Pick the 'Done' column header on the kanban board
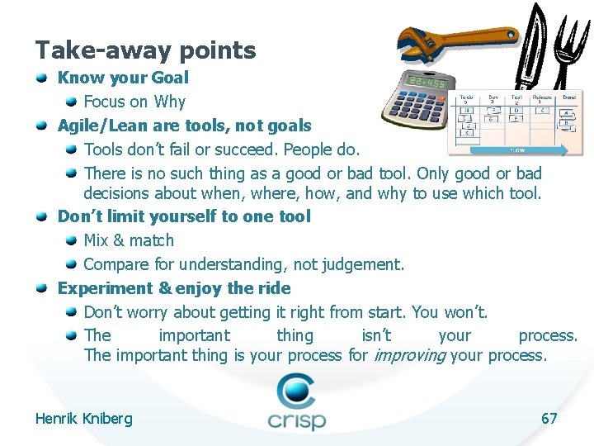[569, 97]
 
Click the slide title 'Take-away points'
[145, 50]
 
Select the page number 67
[549, 418]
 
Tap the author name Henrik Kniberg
[83, 419]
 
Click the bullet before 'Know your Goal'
[42, 78]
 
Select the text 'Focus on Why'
[134, 102]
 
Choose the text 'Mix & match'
[129, 240]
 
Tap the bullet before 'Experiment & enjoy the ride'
[42, 288]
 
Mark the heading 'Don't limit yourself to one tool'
[184, 216]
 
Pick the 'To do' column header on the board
[466, 97]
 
